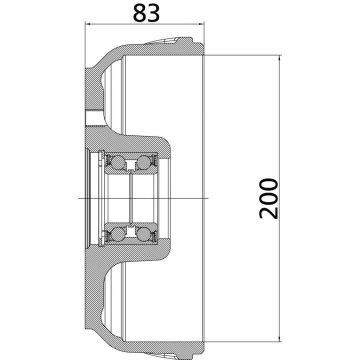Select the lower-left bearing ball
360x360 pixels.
point(118,233)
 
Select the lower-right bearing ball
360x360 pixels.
point(147,233)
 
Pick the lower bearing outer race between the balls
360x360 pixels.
point(132,239)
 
